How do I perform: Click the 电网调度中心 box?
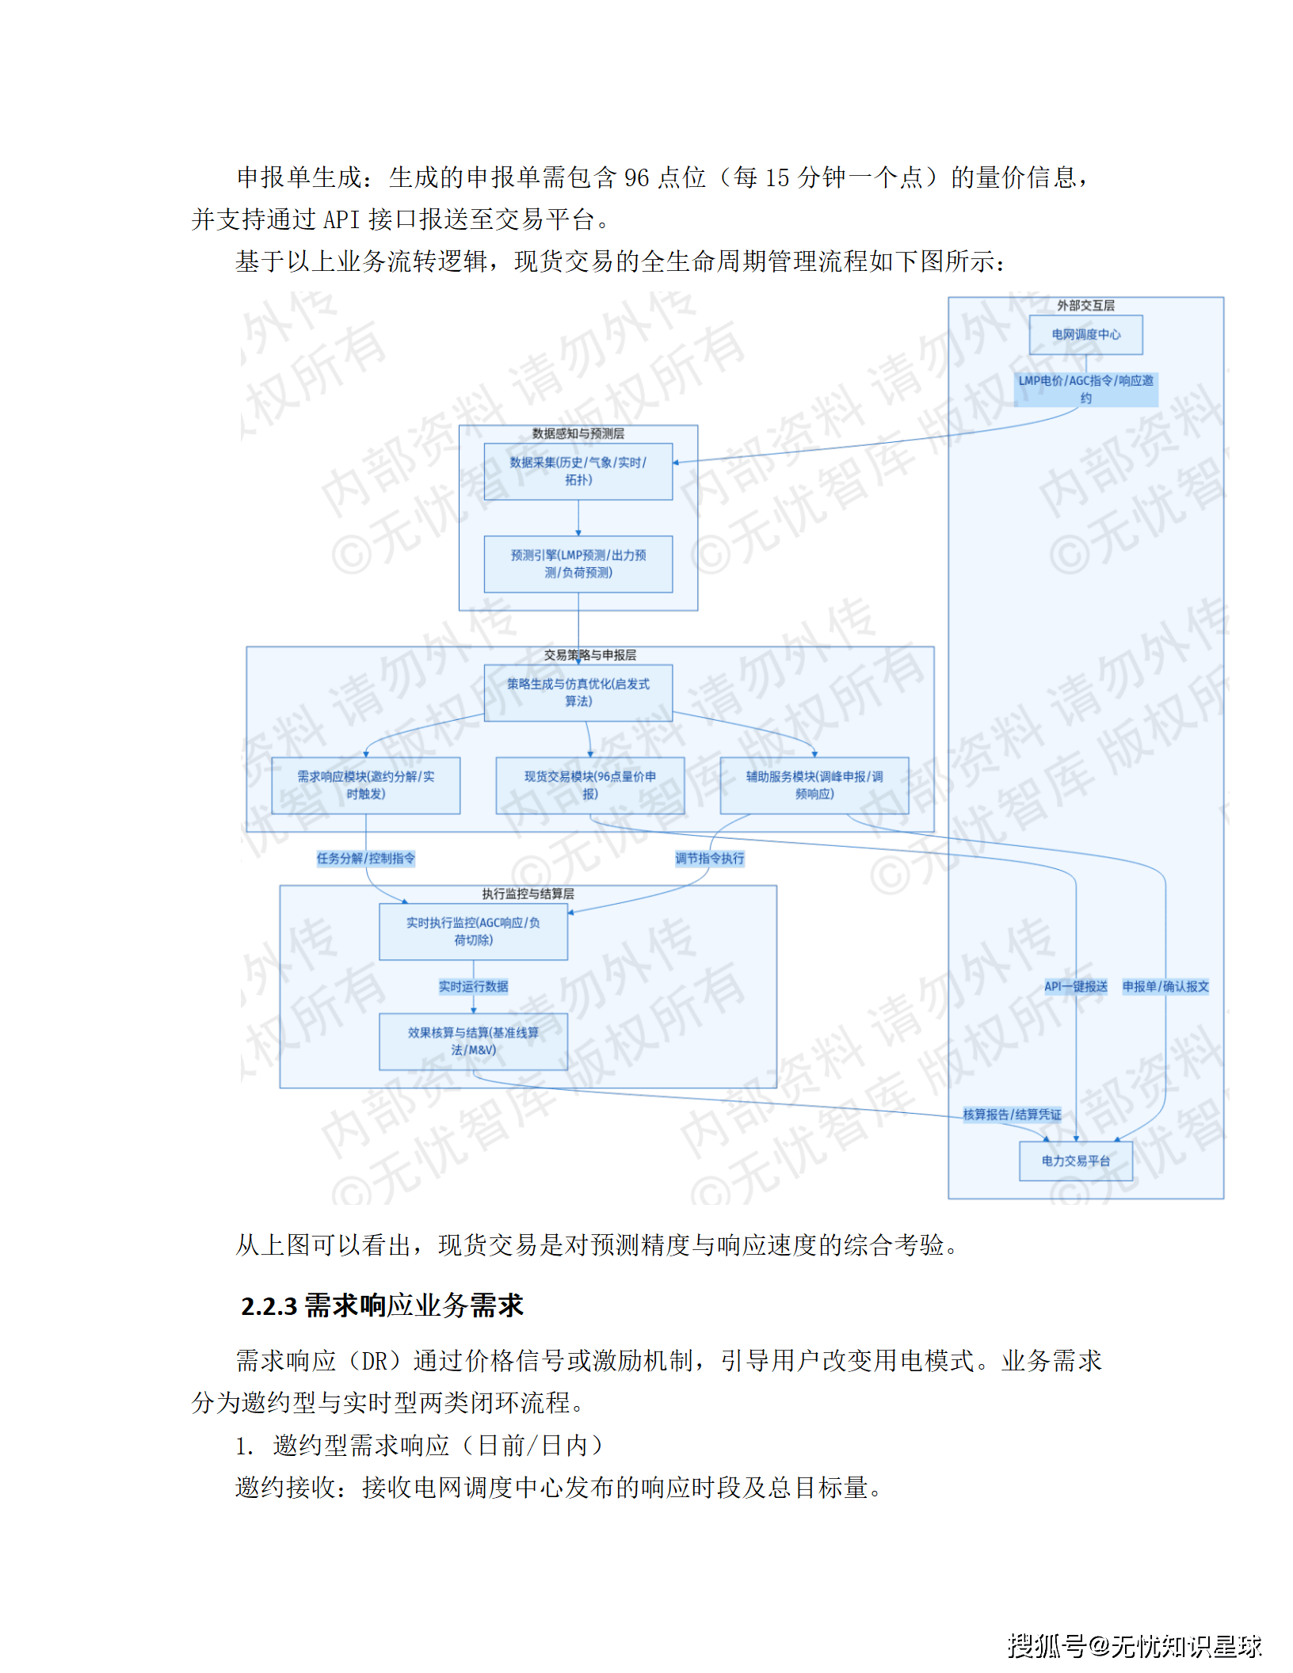click(x=1085, y=334)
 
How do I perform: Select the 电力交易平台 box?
click(x=1075, y=1160)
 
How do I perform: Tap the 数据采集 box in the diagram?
click(x=578, y=471)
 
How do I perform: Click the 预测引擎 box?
click(x=578, y=564)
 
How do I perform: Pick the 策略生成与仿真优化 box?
click(x=578, y=692)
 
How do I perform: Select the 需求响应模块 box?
click(x=365, y=785)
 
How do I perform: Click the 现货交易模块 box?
click(x=589, y=785)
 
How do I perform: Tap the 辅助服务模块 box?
click(x=814, y=785)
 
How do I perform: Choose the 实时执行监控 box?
click(x=473, y=932)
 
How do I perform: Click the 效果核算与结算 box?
click(x=473, y=1041)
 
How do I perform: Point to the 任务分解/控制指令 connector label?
click(x=365, y=858)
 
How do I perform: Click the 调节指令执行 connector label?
click(x=709, y=858)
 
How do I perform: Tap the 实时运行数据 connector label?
click(x=473, y=986)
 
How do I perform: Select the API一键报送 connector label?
click(x=1075, y=986)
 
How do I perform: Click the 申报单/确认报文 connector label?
click(x=1165, y=986)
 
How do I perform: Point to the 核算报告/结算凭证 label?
click(x=1012, y=1115)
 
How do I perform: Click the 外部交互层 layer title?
click(x=1085, y=306)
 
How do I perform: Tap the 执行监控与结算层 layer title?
click(x=528, y=894)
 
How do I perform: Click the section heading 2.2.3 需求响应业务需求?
click(x=382, y=1306)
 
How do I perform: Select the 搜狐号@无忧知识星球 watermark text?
click(x=1134, y=1646)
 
